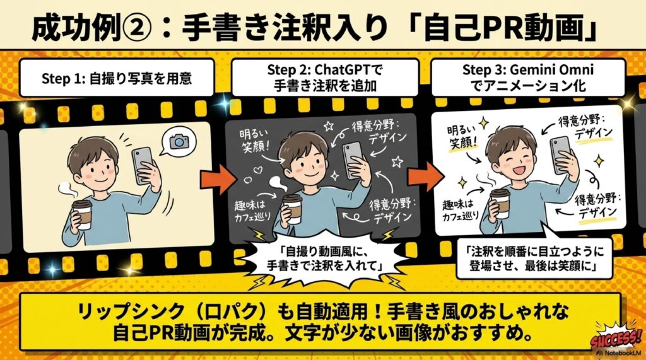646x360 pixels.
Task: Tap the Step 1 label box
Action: coord(117,78)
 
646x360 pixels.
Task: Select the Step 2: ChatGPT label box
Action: coord(325,78)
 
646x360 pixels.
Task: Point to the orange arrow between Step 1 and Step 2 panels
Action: coord(218,179)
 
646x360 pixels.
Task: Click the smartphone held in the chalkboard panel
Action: coord(353,160)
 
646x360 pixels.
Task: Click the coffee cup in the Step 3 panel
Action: coord(500,204)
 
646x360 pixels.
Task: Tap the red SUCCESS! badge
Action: coord(616,338)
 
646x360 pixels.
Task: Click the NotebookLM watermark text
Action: coord(621,353)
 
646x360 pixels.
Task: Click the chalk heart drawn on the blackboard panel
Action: coord(257,169)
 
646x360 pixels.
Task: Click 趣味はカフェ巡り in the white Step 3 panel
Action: coord(461,211)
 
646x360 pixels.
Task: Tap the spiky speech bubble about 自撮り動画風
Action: coord(325,258)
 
